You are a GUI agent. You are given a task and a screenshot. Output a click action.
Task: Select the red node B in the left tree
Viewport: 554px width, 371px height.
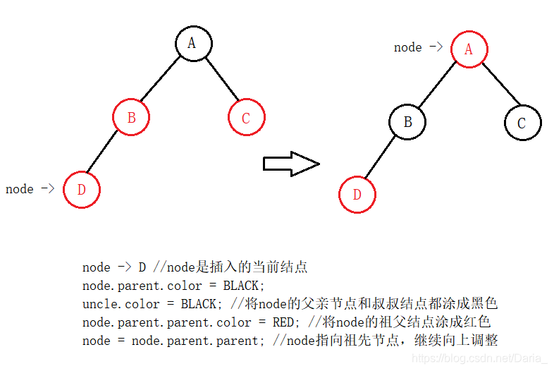pyautogui.click(x=131, y=118)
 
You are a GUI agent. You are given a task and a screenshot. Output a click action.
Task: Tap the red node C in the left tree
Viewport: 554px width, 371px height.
pyautogui.click(x=246, y=118)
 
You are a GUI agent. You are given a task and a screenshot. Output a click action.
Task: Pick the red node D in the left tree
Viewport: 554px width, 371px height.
pyautogui.click(x=81, y=189)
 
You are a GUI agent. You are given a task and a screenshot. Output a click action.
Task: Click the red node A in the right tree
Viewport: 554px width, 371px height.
pyautogui.click(x=468, y=49)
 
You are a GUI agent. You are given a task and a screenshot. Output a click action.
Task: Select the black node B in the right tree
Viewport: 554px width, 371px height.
pyautogui.click(x=407, y=122)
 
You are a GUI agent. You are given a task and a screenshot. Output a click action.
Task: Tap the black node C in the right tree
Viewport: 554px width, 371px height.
pyautogui.click(x=522, y=123)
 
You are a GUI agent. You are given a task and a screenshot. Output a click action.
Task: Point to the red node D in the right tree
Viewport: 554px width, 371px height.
pyautogui.click(x=357, y=194)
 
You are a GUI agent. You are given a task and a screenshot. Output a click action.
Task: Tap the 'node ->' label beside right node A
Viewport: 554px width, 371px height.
pyautogui.click(x=418, y=47)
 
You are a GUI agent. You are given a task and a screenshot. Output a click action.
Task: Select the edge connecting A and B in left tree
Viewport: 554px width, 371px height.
pyautogui.click(x=161, y=80)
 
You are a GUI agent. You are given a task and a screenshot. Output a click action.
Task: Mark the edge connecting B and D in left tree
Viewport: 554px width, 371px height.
pyautogui.click(x=104, y=152)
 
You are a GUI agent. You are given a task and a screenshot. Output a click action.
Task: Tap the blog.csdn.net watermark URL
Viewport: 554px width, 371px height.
pyautogui.click(x=479, y=358)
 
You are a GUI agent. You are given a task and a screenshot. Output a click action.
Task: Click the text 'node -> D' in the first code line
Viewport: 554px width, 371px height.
pyautogui.click(x=114, y=267)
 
